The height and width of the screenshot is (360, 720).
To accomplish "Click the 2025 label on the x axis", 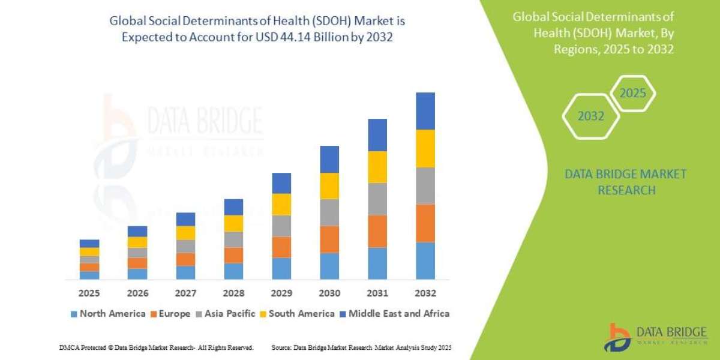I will [x=89, y=294].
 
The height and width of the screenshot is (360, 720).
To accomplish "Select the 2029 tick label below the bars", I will [x=281, y=294].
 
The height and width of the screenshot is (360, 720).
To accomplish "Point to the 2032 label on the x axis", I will [x=425, y=294].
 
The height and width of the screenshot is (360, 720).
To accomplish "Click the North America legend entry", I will [x=107, y=314].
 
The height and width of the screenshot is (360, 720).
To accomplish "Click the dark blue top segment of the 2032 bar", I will [x=425, y=111].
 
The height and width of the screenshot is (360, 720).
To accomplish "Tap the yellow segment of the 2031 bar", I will [x=377, y=167].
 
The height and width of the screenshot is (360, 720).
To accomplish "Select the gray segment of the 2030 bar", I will [x=329, y=212].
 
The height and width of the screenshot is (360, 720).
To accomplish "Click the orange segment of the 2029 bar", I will [x=281, y=247].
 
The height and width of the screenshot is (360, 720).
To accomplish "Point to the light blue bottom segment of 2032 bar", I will [x=425, y=260].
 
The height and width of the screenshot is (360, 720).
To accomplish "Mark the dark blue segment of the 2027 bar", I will [x=185, y=219].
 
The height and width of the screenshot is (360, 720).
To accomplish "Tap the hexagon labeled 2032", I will [x=591, y=116].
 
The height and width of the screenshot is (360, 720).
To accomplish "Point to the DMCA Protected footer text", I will [x=156, y=347].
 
